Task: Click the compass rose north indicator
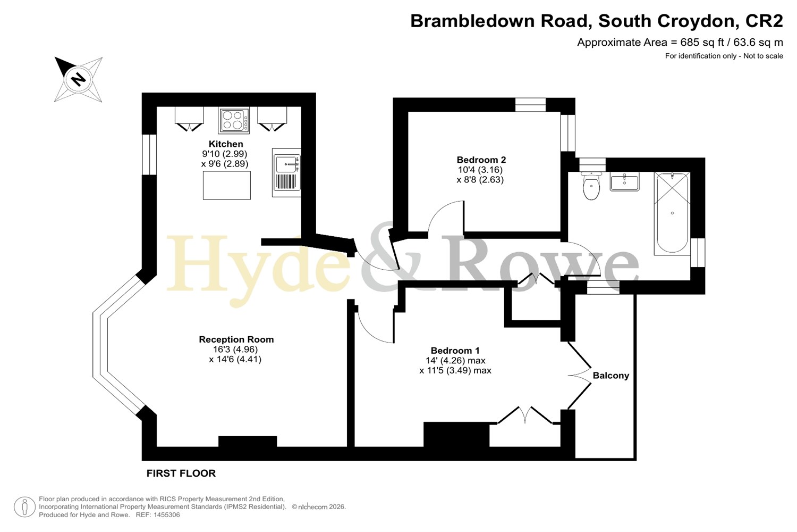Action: (78, 79)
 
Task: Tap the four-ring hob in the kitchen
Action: (234, 120)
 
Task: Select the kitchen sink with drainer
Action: (286, 172)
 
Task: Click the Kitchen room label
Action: (226, 144)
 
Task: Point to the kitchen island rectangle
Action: (227, 185)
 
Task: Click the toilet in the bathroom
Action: (591, 185)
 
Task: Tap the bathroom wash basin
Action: (624, 181)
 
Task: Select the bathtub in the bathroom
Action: (672, 213)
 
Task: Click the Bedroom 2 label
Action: (481, 160)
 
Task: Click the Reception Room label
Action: (236, 339)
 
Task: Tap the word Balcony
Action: (611, 376)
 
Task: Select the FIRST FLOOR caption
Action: (181, 473)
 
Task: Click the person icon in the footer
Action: (24, 506)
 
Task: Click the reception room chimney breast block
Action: (248, 441)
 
